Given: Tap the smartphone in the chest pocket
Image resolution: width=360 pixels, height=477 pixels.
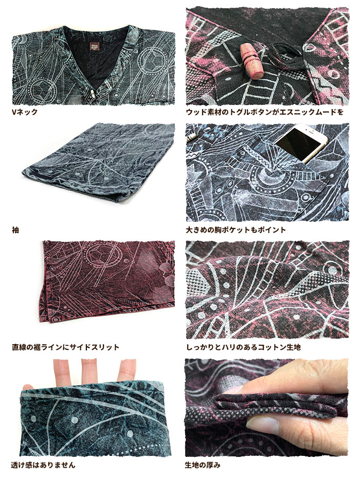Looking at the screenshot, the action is (x=300, y=143).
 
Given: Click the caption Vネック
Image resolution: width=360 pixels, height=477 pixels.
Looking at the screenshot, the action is (x=25, y=112).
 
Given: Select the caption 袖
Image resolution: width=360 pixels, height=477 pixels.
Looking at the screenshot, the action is (x=15, y=230).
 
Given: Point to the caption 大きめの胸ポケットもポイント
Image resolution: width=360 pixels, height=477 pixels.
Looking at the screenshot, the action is (x=236, y=230).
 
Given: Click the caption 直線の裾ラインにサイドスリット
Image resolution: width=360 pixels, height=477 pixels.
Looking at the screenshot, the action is (x=65, y=347).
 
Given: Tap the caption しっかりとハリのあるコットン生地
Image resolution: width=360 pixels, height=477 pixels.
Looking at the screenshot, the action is (x=244, y=347).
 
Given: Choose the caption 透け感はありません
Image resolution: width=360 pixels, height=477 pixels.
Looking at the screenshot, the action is (x=43, y=465).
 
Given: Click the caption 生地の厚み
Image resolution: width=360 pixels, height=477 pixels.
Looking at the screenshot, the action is (x=203, y=465).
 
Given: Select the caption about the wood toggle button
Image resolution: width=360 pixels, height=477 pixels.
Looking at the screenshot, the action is (x=265, y=112).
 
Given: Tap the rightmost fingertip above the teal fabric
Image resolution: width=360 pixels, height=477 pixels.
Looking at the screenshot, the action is (x=126, y=369).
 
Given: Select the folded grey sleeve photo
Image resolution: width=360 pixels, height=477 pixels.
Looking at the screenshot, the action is (x=99, y=162).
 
